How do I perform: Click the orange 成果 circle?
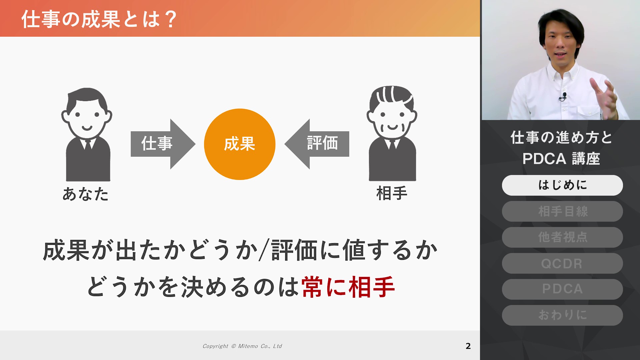pyautogui.click(x=240, y=144)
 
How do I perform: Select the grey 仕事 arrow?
pyautogui.click(x=163, y=144)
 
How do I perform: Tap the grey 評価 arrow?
pyautogui.click(x=317, y=144)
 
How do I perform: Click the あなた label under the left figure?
pyautogui.click(x=86, y=194)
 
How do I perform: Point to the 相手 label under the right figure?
pyautogui.click(x=392, y=193)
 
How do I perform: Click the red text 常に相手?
pyautogui.click(x=348, y=287)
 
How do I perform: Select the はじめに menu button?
pyautogui.click(x=562, y=185)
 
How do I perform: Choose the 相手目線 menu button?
pyautogui.click(x=562, y=211)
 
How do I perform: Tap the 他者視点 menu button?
pyautogui.click(x=562, y=237)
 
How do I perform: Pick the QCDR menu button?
pyautogui.click(x=562, y=263)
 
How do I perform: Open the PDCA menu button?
pyautogui.click(x=562, y=289)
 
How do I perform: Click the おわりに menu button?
pyautogui.click(x=562, y=315)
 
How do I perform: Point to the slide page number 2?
pyautogui.click(x=468, y=346)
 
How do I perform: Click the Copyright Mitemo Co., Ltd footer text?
pyautogui.click(x=242, y=346)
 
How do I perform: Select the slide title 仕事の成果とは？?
pyautogui.click(x=99, y=19)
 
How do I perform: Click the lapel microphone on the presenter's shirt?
pyautogui.click(x=564, y=96)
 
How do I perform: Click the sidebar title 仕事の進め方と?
pyautogui.click(x=562, y=137)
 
